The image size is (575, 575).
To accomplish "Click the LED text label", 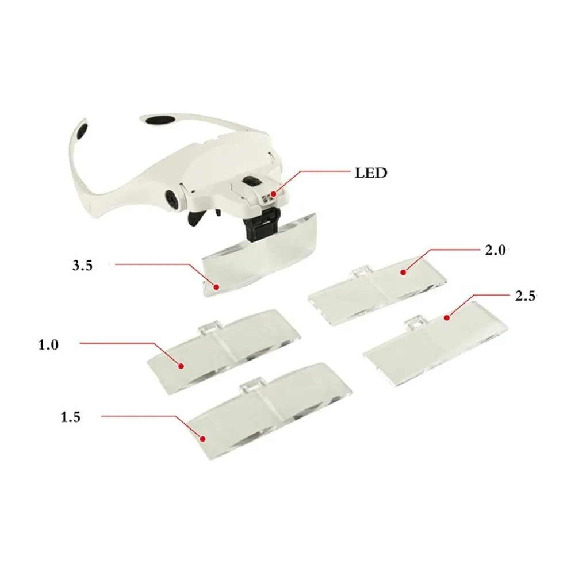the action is pos(371,172).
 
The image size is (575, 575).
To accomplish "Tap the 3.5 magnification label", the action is pos(82,265).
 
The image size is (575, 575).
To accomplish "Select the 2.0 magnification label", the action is pos(496,251).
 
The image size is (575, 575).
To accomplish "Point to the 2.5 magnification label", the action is pos(526,296).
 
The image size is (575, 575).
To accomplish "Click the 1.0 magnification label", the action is pos(48,344).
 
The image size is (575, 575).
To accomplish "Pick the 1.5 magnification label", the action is pos(70,417).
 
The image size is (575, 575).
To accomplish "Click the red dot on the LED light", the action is pos(273,193).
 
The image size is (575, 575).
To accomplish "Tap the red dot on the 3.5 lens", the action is pos(217,287).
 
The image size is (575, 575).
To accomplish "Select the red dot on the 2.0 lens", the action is pos(403,272).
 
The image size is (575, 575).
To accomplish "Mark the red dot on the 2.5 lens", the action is pos(447,317).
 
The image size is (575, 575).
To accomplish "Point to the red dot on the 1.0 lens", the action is pos(181,366).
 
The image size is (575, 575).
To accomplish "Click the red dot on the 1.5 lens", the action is pos(202,438).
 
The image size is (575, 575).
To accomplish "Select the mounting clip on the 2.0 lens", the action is pos(361,273).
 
